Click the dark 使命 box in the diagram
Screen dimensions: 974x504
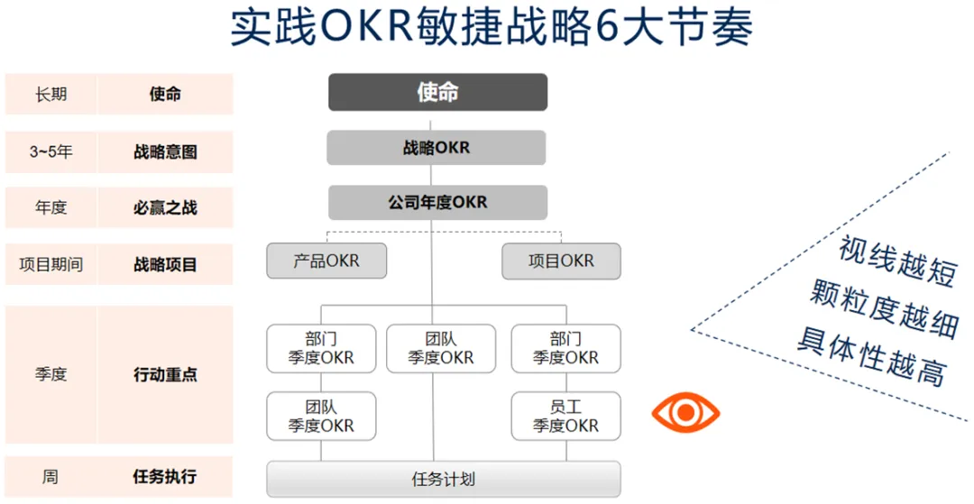(437, 92)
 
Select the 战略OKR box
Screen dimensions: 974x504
(436, 147)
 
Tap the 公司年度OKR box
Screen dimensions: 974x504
(437, 202)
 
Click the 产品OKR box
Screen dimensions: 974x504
(326, 261)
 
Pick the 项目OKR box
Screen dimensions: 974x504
(561, 261)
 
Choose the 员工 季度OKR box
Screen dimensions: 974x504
(565, 416)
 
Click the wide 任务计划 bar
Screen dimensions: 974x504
(443, 479)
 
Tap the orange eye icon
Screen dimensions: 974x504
(685, 413)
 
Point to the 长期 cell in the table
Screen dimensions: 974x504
(51, 94)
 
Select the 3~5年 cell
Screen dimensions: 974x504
(51, 151)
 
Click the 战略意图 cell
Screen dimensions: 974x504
(165, 151)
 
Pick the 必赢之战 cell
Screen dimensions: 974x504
(165, 207)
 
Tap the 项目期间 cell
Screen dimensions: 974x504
(51, 265)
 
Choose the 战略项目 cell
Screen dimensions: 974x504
(165, 265)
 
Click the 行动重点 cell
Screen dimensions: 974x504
(165, 374)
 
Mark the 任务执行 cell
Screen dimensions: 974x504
(165, 476)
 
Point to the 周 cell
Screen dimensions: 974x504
(51, 476)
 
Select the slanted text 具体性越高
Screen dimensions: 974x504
(870, 357)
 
